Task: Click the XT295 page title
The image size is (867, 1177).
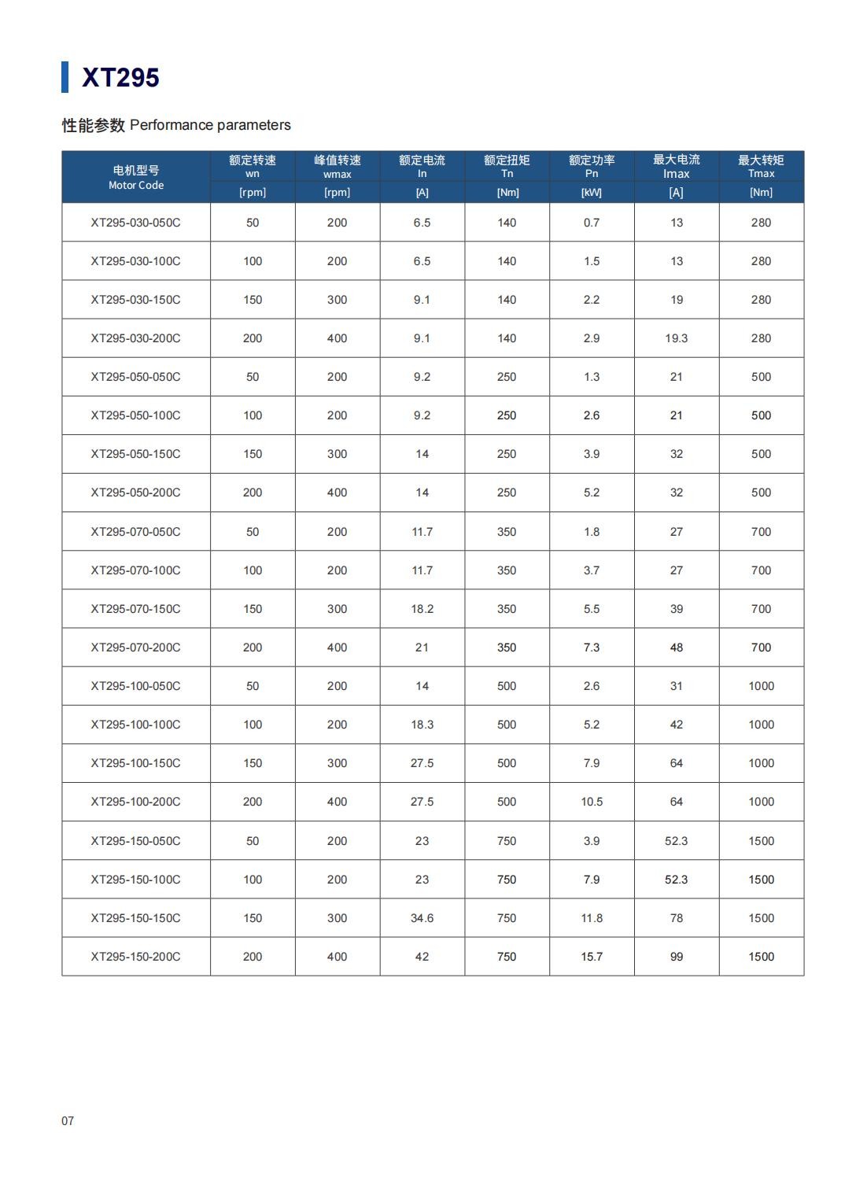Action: [x=120, y=77]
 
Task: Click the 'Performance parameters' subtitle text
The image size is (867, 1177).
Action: [x=210, y=125]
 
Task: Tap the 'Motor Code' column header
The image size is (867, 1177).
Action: [x=136, y=177]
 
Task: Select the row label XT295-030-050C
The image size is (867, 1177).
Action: [x=135, y=223]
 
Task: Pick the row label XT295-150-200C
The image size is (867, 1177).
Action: [x=135, y=957]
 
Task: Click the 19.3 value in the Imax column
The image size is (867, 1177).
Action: [x=676, y=338]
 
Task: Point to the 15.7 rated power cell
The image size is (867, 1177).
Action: [x=592, y=957]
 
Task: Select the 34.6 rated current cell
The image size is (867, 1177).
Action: [x=422, y=918]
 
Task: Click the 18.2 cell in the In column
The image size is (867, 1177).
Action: [x=422, y=609]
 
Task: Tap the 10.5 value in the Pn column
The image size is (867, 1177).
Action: [x=592, y=802]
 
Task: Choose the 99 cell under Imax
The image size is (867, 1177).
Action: [x=676, y=957]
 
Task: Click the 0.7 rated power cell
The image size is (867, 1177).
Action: [x=592, y=223]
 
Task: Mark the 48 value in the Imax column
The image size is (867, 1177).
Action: [x=676, y=648]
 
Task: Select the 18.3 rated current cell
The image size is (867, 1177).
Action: [x=422, y=725]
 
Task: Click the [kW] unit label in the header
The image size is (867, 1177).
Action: [x=592, y=192]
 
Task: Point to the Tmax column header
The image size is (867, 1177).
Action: [x=761, y=166]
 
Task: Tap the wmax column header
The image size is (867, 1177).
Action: [x=337, y=166]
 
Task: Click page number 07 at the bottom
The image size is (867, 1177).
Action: [x=68, y=1120]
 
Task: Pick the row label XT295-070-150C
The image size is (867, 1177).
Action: [x=135, y=609]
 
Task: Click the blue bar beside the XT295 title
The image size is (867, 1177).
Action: [x=65, y=77]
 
